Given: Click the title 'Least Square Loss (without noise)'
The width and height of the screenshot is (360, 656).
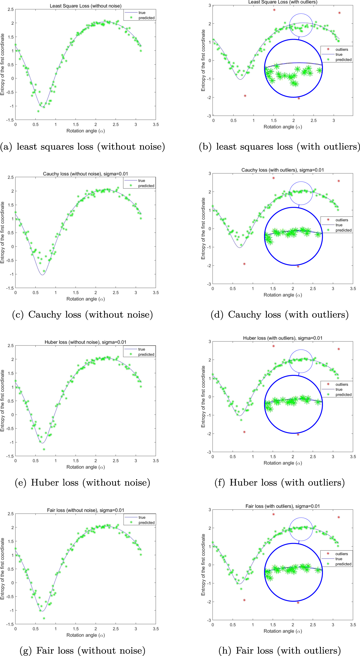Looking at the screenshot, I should (x=86, y=6).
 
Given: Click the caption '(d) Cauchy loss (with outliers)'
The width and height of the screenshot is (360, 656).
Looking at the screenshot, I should (x=279, y=315).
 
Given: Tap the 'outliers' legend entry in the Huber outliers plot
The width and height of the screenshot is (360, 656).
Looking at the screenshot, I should (x=341, y=384).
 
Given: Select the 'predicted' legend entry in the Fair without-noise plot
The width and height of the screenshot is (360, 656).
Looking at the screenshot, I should (x=146, y=522).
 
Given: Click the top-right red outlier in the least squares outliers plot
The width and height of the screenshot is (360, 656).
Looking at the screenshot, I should (x=339, y=13).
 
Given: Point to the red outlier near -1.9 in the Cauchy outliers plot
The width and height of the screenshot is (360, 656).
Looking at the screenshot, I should (x=244, y=264).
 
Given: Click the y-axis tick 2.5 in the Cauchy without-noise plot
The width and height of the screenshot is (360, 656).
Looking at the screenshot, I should (x=11, y=177).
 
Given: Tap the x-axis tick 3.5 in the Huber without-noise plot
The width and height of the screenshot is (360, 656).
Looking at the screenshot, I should (x=156, y=460).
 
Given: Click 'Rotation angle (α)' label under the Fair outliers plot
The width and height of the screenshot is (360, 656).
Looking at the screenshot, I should (x=283, y=631).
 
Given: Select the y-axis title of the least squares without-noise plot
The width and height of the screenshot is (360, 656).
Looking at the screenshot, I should (x=3, y=64).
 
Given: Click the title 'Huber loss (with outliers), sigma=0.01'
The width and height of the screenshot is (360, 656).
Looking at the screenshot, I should (x=283, y=338).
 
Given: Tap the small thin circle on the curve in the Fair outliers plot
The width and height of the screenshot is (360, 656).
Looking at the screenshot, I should (x=301, y=529).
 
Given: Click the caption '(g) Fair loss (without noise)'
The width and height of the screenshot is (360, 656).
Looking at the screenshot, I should (x=82, y=650).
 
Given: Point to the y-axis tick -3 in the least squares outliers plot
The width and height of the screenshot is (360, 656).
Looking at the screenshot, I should (x=209, y=116).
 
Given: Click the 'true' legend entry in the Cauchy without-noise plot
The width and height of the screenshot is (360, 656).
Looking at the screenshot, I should (x=142, y=181).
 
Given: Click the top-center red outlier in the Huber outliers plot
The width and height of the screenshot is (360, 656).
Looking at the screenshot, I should (x=274, y=346).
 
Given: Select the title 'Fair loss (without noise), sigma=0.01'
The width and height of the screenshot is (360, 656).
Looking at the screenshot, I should (x=86, y=510).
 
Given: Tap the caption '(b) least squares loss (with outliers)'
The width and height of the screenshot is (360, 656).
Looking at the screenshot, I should (x=279, y=146).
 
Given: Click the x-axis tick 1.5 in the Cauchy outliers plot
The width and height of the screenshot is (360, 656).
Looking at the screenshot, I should (x=273, y=288).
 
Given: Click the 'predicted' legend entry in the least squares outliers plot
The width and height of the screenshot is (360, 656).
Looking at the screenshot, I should (x=343, y=60).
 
